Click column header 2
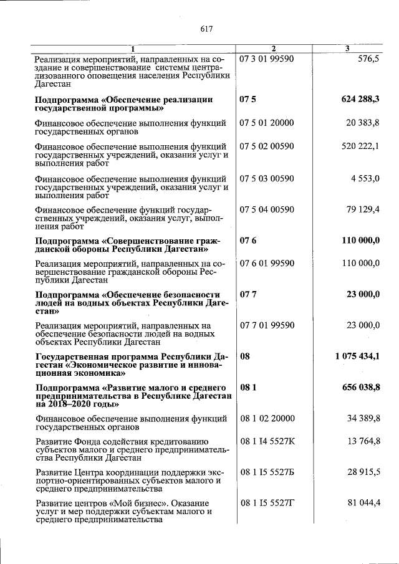[x=273, y=49]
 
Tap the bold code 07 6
[x=248, y=241]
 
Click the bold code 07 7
[x=248, y=295]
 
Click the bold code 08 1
[x=248, y=388]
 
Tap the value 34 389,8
[x=363, y=419]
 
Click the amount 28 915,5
[x=363, y=472]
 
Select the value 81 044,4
[x=363, y=503]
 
